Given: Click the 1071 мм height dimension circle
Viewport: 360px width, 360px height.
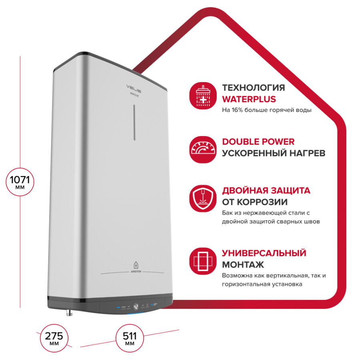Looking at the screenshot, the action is click(20, 182).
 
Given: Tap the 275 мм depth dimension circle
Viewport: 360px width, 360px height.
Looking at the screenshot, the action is click(54, 338).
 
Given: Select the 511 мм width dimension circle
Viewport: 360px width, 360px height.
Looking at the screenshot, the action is click(130, 338).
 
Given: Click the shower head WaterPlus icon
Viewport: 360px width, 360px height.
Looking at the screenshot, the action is click(203, 96).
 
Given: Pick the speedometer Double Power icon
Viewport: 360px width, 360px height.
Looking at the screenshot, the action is click(203, 150).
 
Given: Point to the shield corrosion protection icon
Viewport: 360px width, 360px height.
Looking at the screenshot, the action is click(203, 198).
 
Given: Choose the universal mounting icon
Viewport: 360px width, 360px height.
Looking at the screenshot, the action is click(203, 261).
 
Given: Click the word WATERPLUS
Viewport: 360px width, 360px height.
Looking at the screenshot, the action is click(249, 99).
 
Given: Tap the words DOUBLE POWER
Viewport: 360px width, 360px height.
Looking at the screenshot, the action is click(258, 142).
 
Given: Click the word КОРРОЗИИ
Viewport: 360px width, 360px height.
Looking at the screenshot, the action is click(262, 202).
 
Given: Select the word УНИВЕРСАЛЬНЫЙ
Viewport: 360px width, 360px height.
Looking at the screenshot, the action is click(264, 253).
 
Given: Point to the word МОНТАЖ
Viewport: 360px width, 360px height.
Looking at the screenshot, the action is click(243, 265).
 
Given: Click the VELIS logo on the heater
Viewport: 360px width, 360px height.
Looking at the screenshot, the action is click(134, 88).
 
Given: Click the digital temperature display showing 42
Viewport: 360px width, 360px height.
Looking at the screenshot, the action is click(136, 307).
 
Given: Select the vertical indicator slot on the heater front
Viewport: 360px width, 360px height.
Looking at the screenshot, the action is click(134, 123).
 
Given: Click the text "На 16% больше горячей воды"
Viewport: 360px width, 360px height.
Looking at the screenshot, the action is click(266, 110).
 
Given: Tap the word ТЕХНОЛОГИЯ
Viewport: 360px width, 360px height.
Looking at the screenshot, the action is click(254, 88).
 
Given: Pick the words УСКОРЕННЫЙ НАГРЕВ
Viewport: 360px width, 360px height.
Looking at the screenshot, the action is click(274, 153).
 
